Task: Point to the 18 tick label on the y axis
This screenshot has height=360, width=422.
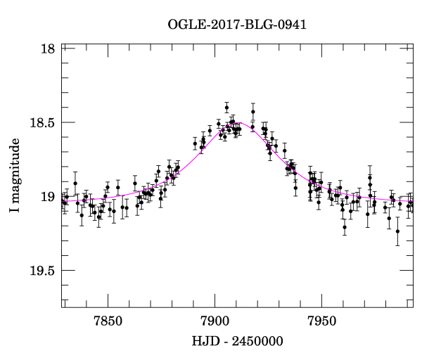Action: (x=48, y=49)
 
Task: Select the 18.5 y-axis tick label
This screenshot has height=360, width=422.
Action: (x=42, y=122)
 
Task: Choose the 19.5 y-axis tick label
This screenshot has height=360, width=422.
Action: (x=42, y=270)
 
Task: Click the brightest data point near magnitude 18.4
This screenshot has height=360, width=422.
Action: (x=226, y=108)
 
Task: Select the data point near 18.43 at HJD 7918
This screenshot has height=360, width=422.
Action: (x=253, y=112)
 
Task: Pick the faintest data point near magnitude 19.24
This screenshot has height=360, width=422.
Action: (x=397, y=231)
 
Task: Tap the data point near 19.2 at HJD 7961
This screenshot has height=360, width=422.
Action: (x=345, y=226)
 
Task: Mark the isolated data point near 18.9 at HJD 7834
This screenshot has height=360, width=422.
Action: (x=75, y=183)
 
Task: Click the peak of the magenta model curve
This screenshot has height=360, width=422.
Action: (x=238, y=123)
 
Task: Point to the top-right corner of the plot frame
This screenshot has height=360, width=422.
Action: (x=413, y=44)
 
